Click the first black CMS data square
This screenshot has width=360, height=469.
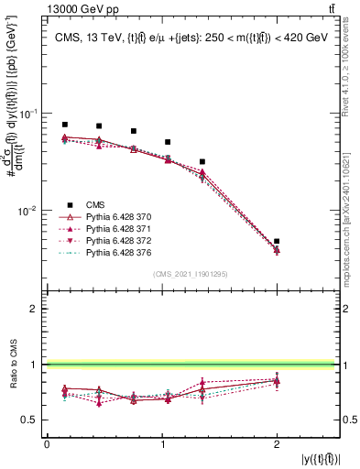click(x=65, y=125)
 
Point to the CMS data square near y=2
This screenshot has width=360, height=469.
click(x=277, y=241)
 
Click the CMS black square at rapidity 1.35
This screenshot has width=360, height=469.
click(x=202, y=161)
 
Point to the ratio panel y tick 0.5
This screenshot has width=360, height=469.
click(x=34, y=420)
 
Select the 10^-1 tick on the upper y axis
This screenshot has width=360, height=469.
click(x=30, y=114)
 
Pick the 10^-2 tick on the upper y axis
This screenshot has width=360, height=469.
click(x=30, y=211)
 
